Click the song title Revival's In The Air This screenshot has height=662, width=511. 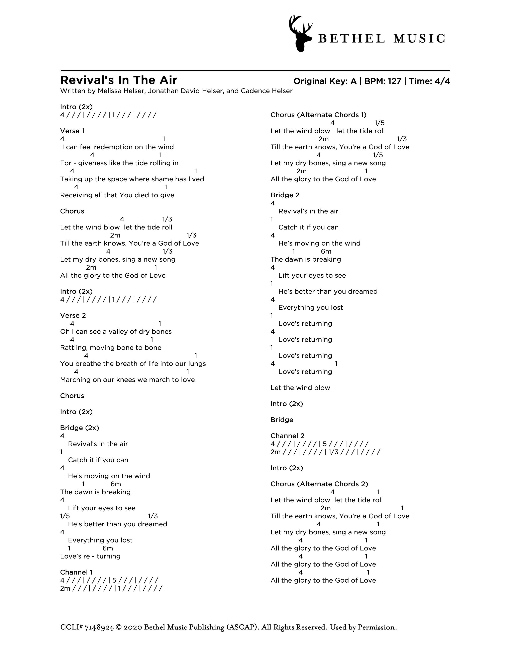pyautogui.click(x=119, y=80)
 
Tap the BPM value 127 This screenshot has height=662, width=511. pyautogui.click(x=394, y=81)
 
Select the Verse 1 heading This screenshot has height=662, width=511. pyautogui.click(x=72, y=131)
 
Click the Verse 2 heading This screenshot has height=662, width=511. pyautogui.click(x=73, y=316)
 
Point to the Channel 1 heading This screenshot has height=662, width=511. pyautogui.click(x=76, y=572)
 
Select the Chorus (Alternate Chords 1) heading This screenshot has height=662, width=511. pyautogui.click(x=318, y=115)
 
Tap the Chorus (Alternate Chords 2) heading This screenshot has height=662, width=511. pyautogui.click(x=319, y=484)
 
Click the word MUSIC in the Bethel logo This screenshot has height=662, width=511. pyautogui.click(x=419, y=39)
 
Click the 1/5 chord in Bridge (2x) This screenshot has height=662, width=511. pyautogui.click(x=65, y=516)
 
